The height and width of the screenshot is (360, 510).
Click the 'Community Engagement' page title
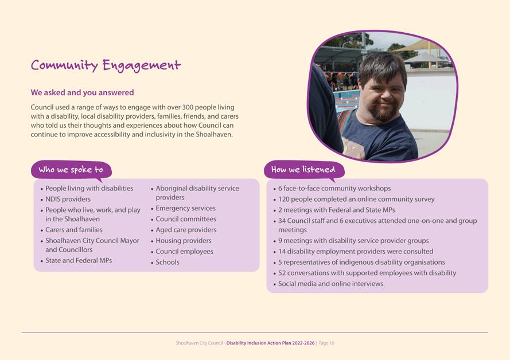click(106, 65)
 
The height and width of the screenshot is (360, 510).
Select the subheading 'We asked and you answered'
click(82, 92)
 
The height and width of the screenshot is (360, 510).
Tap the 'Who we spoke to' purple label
click(71, 170)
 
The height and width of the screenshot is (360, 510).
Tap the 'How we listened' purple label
click(303, 170)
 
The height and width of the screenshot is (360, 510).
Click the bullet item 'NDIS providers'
click(68, 199)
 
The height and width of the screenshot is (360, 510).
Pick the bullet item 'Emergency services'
click(185, 208)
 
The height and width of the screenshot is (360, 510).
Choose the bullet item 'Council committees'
click(186, 219)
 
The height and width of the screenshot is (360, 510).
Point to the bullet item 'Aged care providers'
click(186, 230)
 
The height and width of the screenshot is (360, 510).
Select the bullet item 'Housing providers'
click(183, 241)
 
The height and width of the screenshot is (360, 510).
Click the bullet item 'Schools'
click(168, 262)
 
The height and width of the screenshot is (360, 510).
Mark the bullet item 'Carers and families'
click(73, 230)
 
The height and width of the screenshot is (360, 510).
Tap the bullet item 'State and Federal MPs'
click(79, 260)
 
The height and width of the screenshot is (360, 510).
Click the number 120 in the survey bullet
click(285, 199)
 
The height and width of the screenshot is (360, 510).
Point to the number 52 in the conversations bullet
click(283, 273)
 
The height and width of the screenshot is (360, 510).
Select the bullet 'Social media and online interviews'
click(330, 284)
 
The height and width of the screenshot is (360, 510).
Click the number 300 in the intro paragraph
click(189, 107)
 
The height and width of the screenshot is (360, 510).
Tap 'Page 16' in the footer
click(326, 343)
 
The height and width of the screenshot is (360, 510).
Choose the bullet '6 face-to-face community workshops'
click(334, 188)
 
